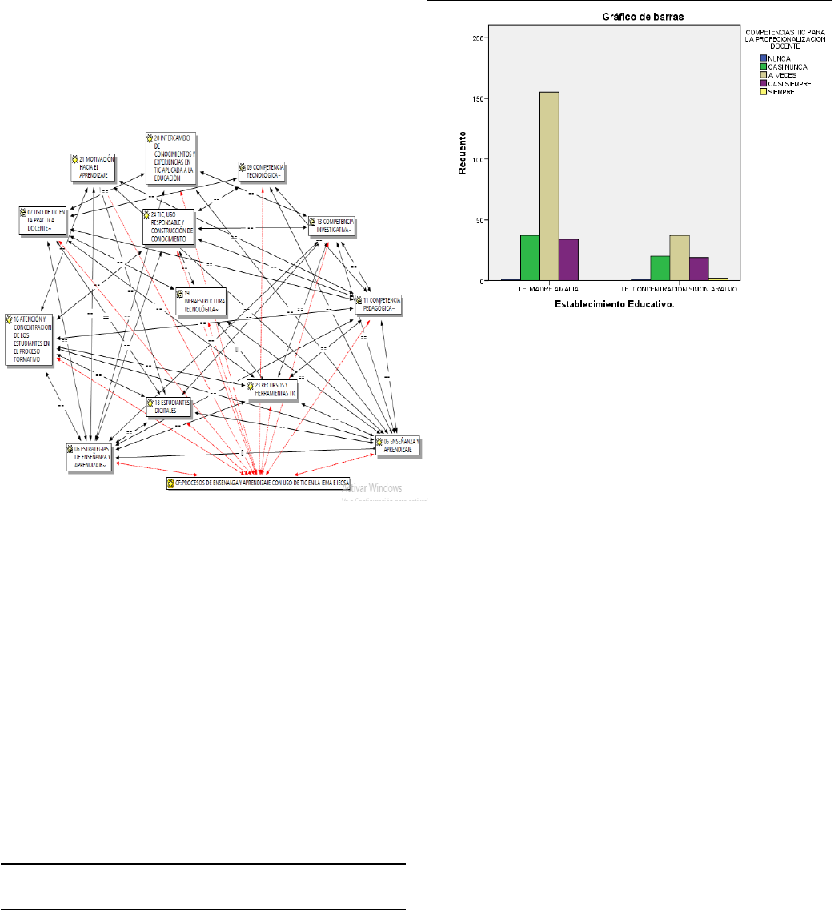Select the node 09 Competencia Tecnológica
(263, 170)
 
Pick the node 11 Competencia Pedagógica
(380, 304)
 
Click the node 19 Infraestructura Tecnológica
(201, 300)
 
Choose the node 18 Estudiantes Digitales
(169, 406)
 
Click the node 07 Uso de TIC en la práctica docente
(44, 220)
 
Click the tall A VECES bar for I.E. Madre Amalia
(549, 186)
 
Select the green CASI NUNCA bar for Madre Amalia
(529, 258)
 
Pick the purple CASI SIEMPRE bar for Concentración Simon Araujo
(699, 269)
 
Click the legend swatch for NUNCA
(763, 58)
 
